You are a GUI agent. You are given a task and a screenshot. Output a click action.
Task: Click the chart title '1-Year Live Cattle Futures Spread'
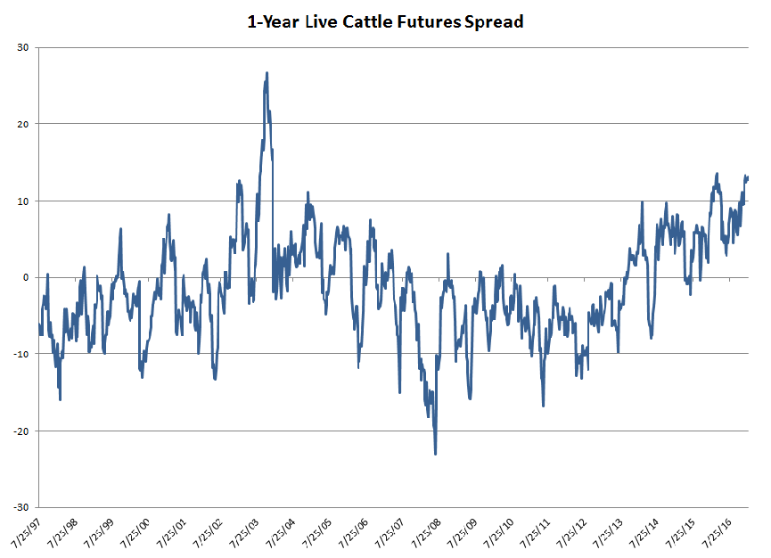pyautogui.click(x=385, y=21)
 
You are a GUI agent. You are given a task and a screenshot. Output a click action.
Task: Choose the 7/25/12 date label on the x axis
pyautogui.click(x=574, y=532)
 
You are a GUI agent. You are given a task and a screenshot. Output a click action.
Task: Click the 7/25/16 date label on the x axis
pyautogui.click(x=720, y=532)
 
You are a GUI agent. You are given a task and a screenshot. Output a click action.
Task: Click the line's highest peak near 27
pyautogui.click(x=267, y=73)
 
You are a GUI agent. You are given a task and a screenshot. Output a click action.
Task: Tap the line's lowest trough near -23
pyautogui.click(x=435, y=454)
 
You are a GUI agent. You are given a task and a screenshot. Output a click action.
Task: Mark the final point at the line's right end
pyautogui.click(x=748, y=177)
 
